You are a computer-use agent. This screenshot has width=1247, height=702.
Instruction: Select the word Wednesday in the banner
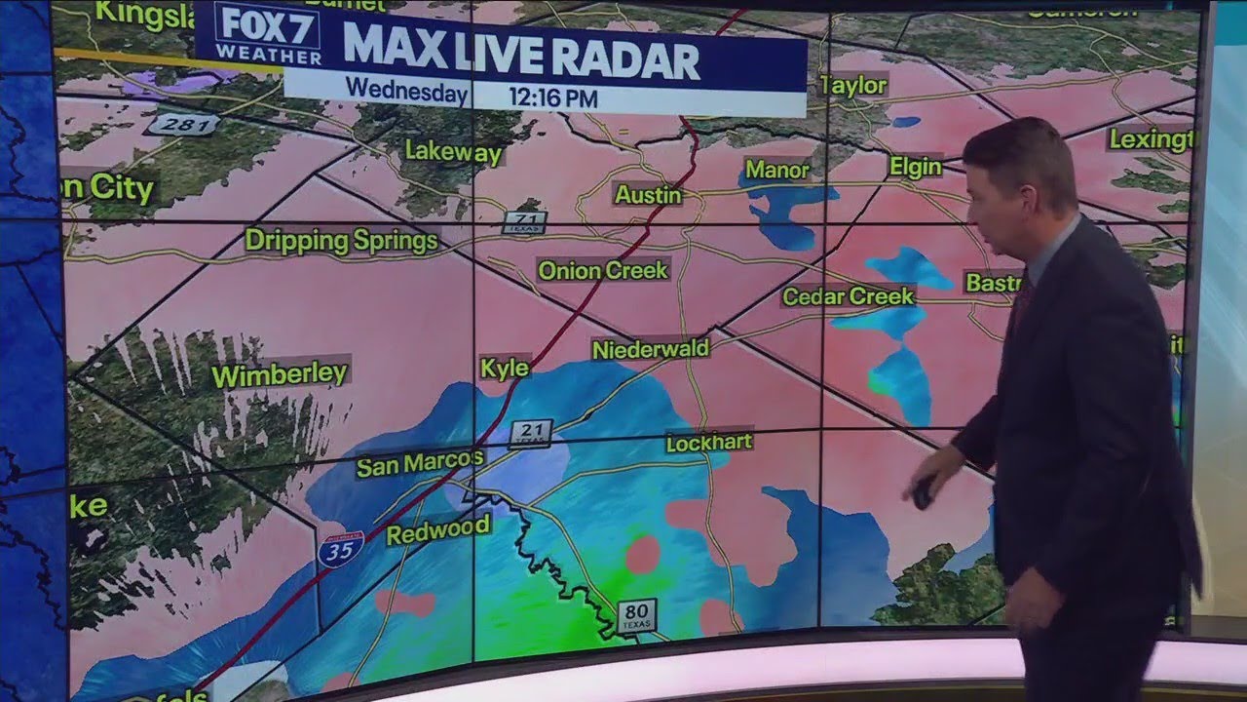click(x=406, y=91)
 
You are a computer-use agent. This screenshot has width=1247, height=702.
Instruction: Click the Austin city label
click(x=648, y=195)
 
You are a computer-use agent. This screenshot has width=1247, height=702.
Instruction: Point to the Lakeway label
click(x=453, y=152)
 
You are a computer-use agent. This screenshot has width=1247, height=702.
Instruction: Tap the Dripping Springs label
click(x=341, y=241)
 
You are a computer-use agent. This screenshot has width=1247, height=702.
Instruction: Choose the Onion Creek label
click(x=603, y=270)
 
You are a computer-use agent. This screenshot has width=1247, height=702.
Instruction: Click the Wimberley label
click(x=279, y=374)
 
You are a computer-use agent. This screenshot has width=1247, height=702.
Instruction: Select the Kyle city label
click(x=505, y=368)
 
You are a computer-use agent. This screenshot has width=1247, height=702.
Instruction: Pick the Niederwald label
click(x=650, y=349)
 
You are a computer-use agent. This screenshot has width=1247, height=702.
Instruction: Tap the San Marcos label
click(x=419, y=464)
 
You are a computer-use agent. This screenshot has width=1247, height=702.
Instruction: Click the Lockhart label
click(x=708, y=443)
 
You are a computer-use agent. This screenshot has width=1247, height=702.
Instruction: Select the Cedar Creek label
click(x=849, y=295)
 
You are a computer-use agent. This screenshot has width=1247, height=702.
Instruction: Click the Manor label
click(x=777, y=170)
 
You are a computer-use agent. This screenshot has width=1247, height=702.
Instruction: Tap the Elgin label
click(x=916, y=167)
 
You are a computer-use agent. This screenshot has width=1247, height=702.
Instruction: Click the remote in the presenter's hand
click(x=922, y=492)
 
